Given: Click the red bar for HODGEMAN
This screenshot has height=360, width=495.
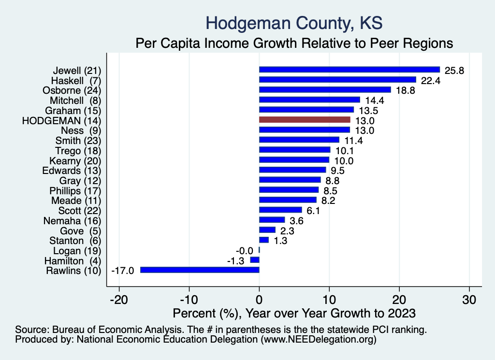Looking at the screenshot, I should tap(305, 119).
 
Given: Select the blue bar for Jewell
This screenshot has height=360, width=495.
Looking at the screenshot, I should tap(349, 70).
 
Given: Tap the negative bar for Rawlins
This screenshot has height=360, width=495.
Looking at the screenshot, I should tap(200, 270).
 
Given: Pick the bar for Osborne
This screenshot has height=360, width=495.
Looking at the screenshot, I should tap(325, 89).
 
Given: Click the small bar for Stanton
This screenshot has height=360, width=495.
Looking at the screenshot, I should tap(264, 240).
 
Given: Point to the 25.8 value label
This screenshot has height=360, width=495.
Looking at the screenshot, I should tap(454, 70).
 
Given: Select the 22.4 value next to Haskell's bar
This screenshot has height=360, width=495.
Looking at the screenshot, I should tap(430, 80).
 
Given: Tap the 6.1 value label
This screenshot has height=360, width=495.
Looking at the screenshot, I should tap(313, 210).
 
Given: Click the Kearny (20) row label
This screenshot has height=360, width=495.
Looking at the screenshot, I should tap(75, 160).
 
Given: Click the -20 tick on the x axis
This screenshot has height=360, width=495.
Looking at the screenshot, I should tap(119, 300).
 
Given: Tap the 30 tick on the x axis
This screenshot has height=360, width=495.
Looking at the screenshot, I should tap(469, 300).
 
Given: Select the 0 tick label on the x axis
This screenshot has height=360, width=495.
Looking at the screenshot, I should tap(259, 300).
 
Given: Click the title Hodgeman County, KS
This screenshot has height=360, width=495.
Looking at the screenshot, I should tap(294, 23).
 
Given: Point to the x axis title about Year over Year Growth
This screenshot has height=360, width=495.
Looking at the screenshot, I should tap(294, 313).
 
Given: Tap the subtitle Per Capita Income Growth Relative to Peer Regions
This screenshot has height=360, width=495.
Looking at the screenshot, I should tap(294, 43).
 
